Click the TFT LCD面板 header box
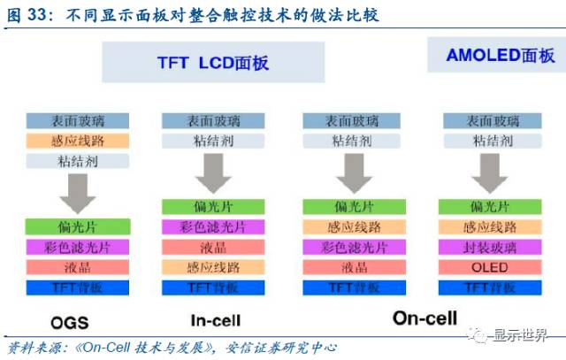click(x=212, y=64)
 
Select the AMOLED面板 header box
click(x=501, y=55)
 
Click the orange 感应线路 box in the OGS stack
click(x=79, y=141)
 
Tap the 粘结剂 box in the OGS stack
click(x=79, y=161)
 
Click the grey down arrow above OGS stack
click(x=79, y=191)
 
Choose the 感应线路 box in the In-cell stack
click(x=216, y=266)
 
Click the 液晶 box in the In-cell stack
click(x=216, y=247)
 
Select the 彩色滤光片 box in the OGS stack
click(x=79, y=247)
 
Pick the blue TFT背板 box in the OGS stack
click(x=79, y=287)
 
